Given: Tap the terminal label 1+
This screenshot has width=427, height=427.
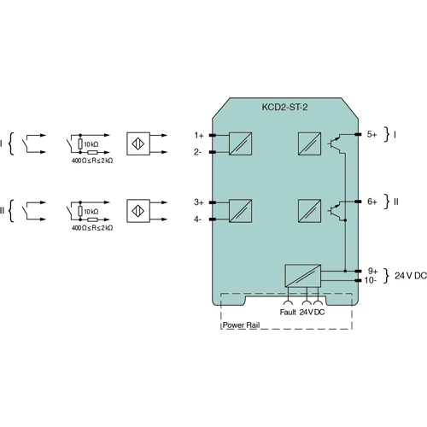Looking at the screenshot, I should [x=198, y=135].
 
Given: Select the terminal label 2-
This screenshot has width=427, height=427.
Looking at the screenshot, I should [x=197, y=152].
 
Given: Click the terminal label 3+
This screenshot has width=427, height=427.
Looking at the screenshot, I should [x=198, y=202].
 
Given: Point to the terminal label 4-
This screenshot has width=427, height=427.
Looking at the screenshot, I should [x=197, y=219].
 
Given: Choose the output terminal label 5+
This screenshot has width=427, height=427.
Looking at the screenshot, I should [x=372, y=135].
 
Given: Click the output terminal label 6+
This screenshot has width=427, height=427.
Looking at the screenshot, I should [x=372, y=202].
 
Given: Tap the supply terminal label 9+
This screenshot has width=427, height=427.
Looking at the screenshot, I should [x=372, y=270].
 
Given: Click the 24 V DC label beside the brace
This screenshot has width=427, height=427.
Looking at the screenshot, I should [x=411, y=275].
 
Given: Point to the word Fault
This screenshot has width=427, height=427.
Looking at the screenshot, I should [x=288, y=312].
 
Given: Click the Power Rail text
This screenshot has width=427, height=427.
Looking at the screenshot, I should [x=241, y=325].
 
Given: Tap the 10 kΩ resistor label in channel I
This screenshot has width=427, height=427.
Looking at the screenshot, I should [x=91, y=143].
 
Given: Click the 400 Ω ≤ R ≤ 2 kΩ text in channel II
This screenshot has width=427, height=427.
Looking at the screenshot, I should [x=91, y=228].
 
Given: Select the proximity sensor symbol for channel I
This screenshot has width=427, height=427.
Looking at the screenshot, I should [x=138, y=143].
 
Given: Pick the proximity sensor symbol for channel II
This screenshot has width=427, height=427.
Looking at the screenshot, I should [x=138, y=211].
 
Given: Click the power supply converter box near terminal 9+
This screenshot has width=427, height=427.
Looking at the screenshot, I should [x=303, y=276].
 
